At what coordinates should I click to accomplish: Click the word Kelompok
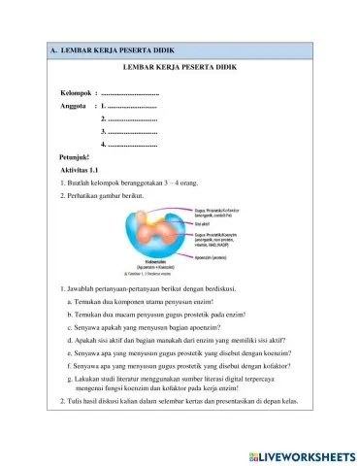tap(77, 92)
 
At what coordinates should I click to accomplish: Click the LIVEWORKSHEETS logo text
tap(304, 453)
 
